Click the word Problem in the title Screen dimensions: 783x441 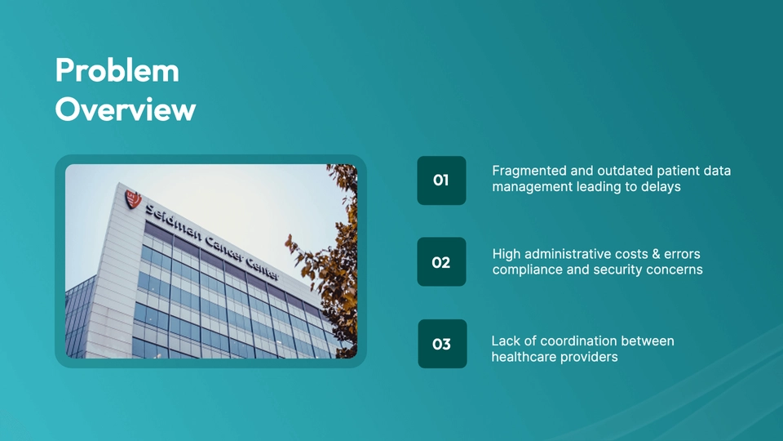(x=117, y=70)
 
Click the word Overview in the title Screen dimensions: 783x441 (x=126, y=109)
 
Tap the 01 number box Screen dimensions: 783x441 (x=441, y=180)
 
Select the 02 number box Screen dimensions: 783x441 (x=441, y=262)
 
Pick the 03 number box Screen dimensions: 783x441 (x=442, y=344)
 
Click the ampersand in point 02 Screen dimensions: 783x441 (x=657, y=254)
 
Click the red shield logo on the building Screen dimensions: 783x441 (x=133, y=198)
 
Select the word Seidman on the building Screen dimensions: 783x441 (x=174, y=223)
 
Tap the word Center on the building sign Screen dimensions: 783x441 (x=262, y=267)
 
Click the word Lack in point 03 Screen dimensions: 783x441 (x=504, y=341)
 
